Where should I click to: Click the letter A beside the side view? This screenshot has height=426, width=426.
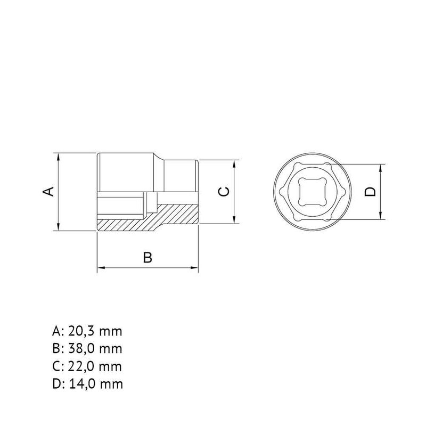48,192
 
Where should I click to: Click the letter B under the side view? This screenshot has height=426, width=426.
148,257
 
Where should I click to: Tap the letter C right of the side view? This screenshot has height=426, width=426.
224,192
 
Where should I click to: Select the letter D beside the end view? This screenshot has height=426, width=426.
370,192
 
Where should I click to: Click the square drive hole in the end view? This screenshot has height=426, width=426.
312,192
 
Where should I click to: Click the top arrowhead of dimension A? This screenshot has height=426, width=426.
58,157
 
